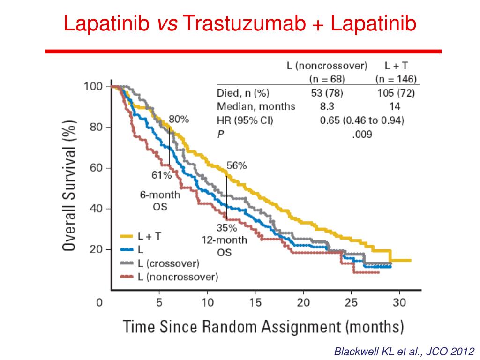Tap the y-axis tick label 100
pyautogui.click(x=94, y=87)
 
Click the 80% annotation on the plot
pyautogui.click(x=179, y=119)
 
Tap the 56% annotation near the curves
pyautogui.click(x=237, y=165)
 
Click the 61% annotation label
pyautogui.click(x=162, y=175)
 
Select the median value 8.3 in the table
pyautogui.click(x=327, y=106)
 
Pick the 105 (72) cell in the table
pyautogui.click(x=396, y=93)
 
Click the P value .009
pyautogui.click(x=361, y=135)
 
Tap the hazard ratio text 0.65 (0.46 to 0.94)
pyautogui.click(x=362, y=120)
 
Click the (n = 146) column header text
pyautogui.click(x=396, y=79)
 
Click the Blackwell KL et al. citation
pyautogui.click(x=404, y=351)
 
